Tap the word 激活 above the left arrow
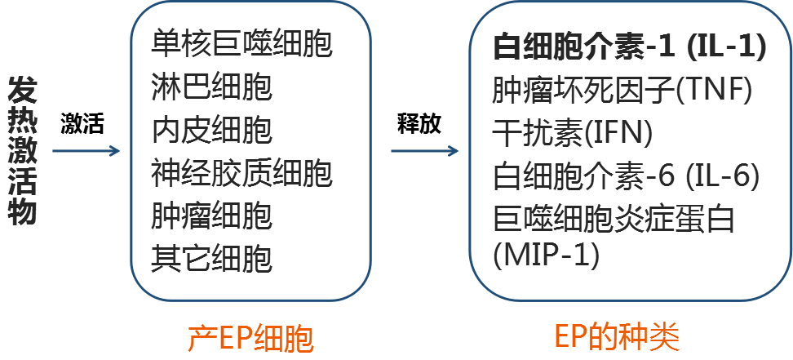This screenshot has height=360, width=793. (x=82, y=126)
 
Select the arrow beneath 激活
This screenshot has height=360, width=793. (x=86, y=151)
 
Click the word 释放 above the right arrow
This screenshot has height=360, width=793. (x=419, y=125)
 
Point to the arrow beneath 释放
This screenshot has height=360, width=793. (x=423, y=151)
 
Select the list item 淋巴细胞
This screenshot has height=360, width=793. (x=211, y=87)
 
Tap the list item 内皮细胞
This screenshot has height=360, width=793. (x=211, y=130)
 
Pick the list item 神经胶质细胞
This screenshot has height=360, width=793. (x=242, y=173)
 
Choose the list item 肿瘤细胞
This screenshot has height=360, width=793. (x=211, y=216)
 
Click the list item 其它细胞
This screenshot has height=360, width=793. (x=211, y=260)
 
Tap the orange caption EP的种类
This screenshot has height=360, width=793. (x=616, y=337)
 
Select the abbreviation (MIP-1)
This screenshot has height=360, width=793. (x=547, y=256)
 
